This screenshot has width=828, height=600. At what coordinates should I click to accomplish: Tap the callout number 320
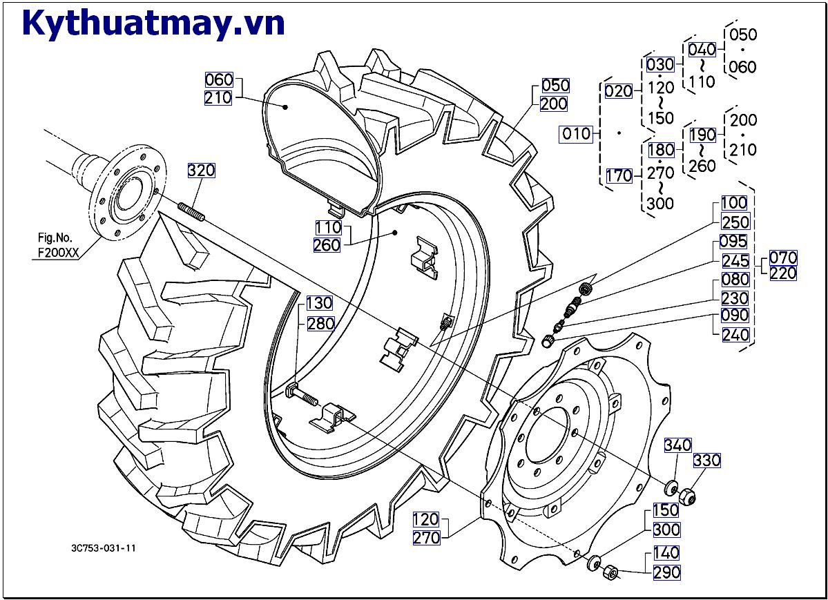pos(201,170)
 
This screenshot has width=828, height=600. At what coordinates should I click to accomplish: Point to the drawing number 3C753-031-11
pos(104,548)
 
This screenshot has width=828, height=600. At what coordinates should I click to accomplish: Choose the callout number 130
pos(319,303)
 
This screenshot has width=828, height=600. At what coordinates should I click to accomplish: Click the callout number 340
pos(677,445)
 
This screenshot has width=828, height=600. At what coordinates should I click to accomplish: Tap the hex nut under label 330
pos(686,496)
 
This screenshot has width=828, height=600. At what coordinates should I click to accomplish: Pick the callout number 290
pos(666,572)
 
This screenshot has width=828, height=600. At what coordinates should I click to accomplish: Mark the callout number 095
pos(733,242)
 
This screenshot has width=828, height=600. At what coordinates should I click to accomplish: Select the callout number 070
pos(783,258)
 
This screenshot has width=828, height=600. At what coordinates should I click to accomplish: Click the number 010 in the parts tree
pos(577,133)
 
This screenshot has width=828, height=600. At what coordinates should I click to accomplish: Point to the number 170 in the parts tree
pos(619,176)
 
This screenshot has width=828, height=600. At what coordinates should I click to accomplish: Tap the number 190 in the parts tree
pos(702,134)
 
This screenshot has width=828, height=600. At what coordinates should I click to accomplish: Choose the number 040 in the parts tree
pos(702,50)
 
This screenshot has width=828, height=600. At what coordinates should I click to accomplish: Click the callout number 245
pos(735,261)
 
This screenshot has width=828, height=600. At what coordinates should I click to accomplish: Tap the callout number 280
pos(320,323)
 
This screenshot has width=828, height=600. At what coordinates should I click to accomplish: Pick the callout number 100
pos(734,203)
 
